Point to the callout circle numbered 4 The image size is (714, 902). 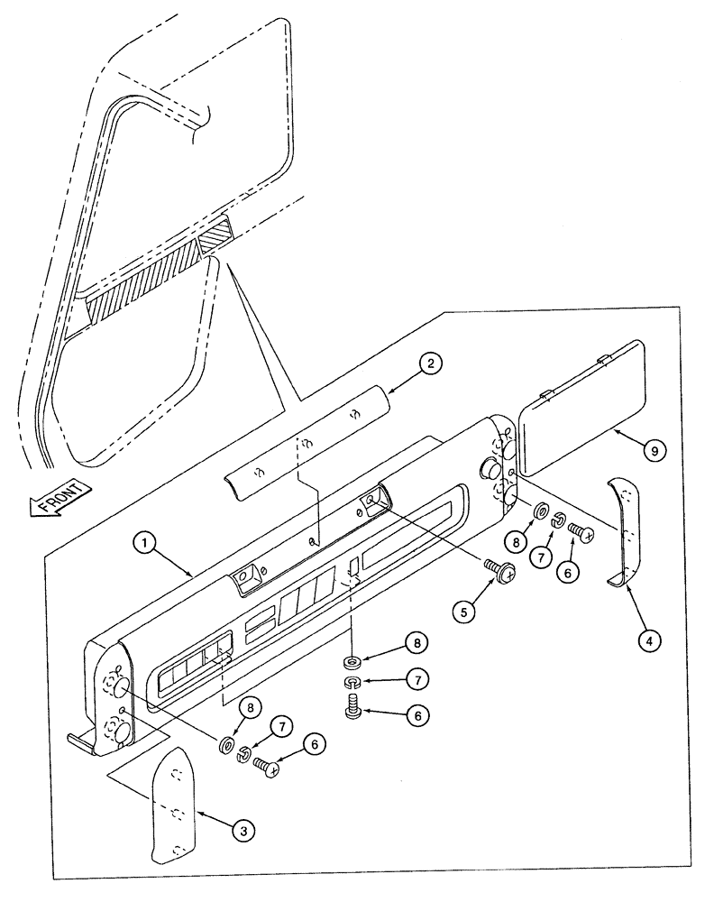650,640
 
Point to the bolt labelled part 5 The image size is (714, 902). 499,570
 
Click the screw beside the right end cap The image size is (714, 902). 579,533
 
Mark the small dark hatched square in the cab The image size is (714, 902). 216,238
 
